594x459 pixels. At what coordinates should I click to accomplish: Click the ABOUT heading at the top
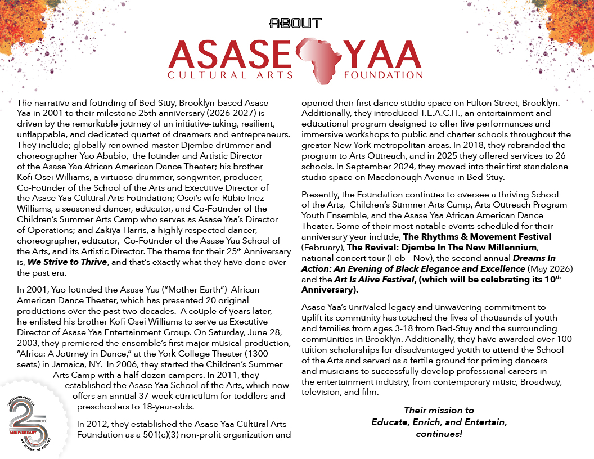pyautogui.click(x=295, y=23)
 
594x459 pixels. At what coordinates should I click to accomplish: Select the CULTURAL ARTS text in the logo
pyautogui.click(x=231, y=75)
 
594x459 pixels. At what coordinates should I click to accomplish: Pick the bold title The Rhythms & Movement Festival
pyautogui.click(x=484, y=236)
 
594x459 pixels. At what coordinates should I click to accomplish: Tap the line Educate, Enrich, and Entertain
pyautogui.click(x=439, y=422)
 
